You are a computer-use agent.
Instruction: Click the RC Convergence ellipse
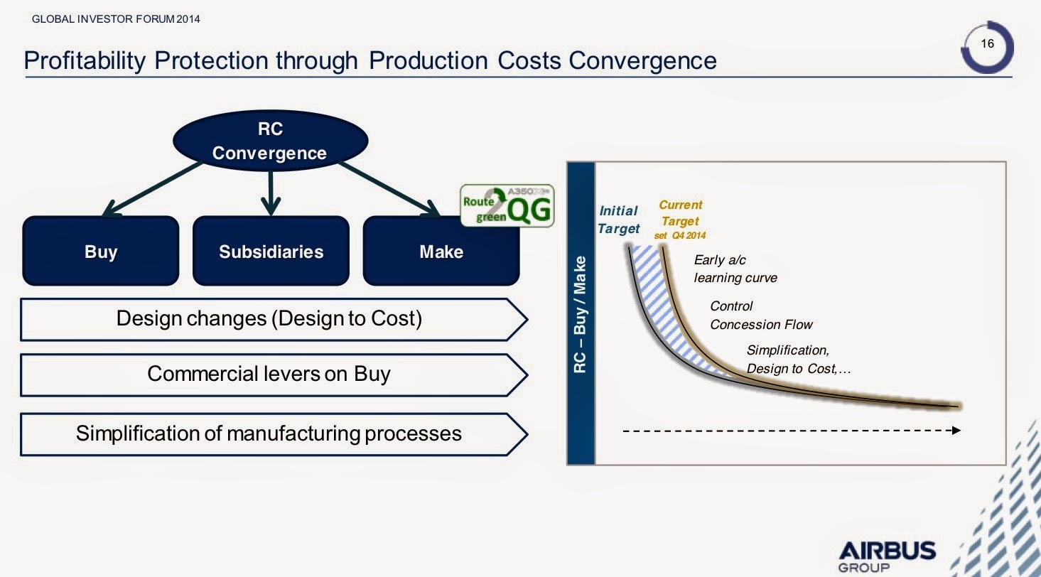click(x=271, y=140)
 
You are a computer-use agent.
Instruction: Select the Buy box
click(x=101, y=251)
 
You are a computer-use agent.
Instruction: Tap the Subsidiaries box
click(x=271, y=251)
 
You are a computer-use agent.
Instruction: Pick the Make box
click(x=441, y=251)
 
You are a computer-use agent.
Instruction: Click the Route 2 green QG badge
click(x=507, y=206)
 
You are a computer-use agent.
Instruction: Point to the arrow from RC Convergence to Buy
click(x=153, y=189)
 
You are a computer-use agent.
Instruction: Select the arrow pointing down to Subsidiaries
click(x=271, y=193)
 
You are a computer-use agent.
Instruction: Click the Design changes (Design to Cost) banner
click(x=274, y=320)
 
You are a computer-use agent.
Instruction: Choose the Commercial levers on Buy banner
click(x=274, y=375)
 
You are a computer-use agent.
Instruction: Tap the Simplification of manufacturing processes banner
click(x=274, y=434)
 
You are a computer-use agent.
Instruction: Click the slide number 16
click(x=987, y=43)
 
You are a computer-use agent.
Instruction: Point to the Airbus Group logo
click(x=888, y=556)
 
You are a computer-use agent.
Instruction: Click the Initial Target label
click(x=618, y=220)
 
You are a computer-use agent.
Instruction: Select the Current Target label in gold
click(x=680, y=212)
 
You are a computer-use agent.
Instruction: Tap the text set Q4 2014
click(x=680, y=235)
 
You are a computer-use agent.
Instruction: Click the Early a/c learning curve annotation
click(x=735, y=269)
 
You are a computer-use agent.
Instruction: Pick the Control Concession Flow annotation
click(x=761, y=316)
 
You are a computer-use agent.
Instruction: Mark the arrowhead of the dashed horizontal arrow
click(x=956, y=430)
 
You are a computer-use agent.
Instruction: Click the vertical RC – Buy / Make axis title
click(x=580, y=315)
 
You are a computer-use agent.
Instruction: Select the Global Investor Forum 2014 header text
click(x=116, y=19)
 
